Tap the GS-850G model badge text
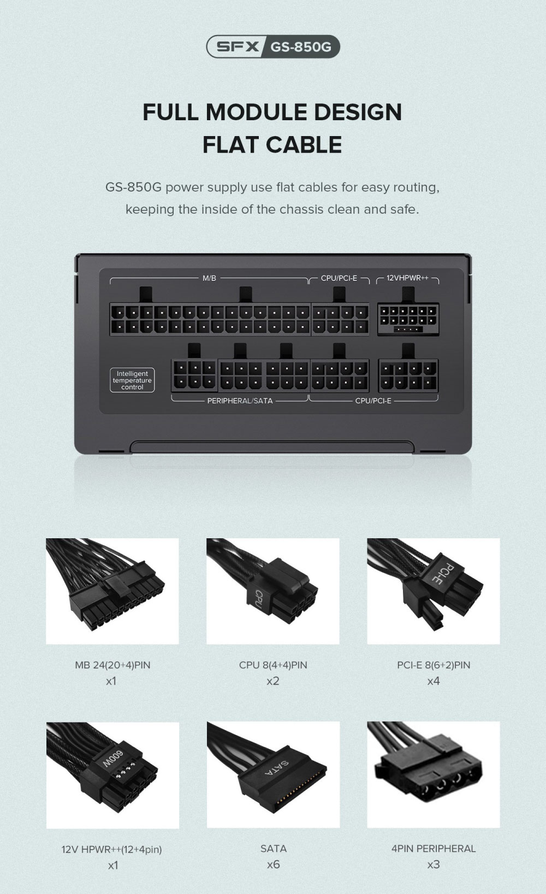pyautogui.click(x=301, y=47)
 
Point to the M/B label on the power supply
pyautogui.click(x=209, y=278)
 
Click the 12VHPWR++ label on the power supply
pyautogui.click(x=407, y=278)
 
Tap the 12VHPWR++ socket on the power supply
pyautogui.click(x=408, y=319)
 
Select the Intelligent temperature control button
pyautogui.click(x=132, y=380)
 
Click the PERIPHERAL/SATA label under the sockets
pyautogui.click(x=240, y=401)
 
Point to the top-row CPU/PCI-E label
pyautogui.click(x=339, y=278)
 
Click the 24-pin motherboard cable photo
pyautogui.click(x=112, y=591)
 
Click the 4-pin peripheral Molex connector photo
pyautogui.click(x=433, y=775)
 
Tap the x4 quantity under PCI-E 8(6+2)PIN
pyautogui.click(x=434, y=681)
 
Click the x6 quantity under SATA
pyautogui.click(x=273, y=865)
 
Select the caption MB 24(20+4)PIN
pyautogui.click(x=112, y=665)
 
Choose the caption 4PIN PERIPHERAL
pyautogui.click(x=434, y=849)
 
